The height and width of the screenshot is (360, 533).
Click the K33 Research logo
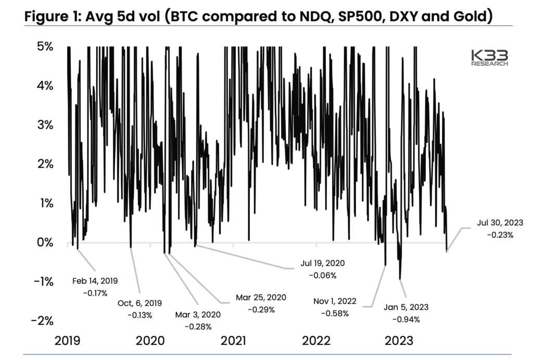tap(489, 57)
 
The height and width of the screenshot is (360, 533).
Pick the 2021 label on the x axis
tap(233, 341)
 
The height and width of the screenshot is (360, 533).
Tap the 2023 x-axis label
tap(398, 341)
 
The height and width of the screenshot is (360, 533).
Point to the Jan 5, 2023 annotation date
tap(405, 307)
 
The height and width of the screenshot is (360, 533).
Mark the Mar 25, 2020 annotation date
tap(261, 297)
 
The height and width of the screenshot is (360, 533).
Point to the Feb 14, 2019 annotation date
tap(95, 281)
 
